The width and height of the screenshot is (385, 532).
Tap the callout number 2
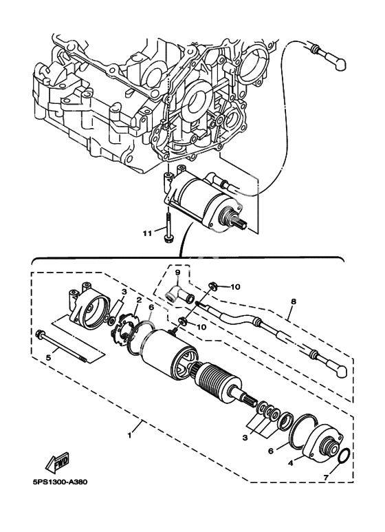click(138, 301)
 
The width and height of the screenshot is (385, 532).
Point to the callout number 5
click(47, 357)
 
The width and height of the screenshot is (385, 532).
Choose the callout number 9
click(177, 273)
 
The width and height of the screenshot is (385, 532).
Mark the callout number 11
click(147, 234)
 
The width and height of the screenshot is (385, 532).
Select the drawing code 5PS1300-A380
click(56, 500)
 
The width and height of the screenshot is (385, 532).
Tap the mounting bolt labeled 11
click(168, 228)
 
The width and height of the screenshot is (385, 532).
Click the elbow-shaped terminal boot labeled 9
click(177, 296)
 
